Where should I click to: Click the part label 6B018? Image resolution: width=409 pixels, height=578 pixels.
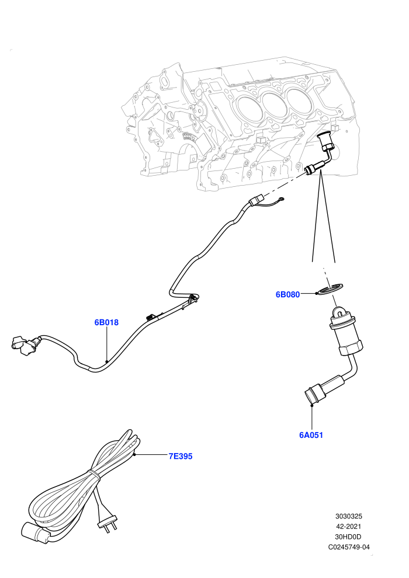point(106,322)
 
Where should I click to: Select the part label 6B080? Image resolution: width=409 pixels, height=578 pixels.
point(287,294)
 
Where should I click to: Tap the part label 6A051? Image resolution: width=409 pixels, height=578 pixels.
point(311,435)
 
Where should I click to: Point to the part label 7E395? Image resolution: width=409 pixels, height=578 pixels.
point(181,456)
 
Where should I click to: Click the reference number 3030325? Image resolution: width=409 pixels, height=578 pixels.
point(348,516)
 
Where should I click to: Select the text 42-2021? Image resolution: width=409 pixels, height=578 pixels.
point(348,527)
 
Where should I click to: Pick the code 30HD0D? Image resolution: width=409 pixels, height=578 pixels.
point(348,537)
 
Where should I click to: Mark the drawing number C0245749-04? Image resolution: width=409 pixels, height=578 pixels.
point(349,547)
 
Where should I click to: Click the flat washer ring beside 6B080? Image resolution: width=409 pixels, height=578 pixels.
point(330,288)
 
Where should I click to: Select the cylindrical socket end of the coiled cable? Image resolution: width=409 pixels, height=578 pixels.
point(36,533)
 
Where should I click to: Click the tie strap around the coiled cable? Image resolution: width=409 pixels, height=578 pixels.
point(94,475)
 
